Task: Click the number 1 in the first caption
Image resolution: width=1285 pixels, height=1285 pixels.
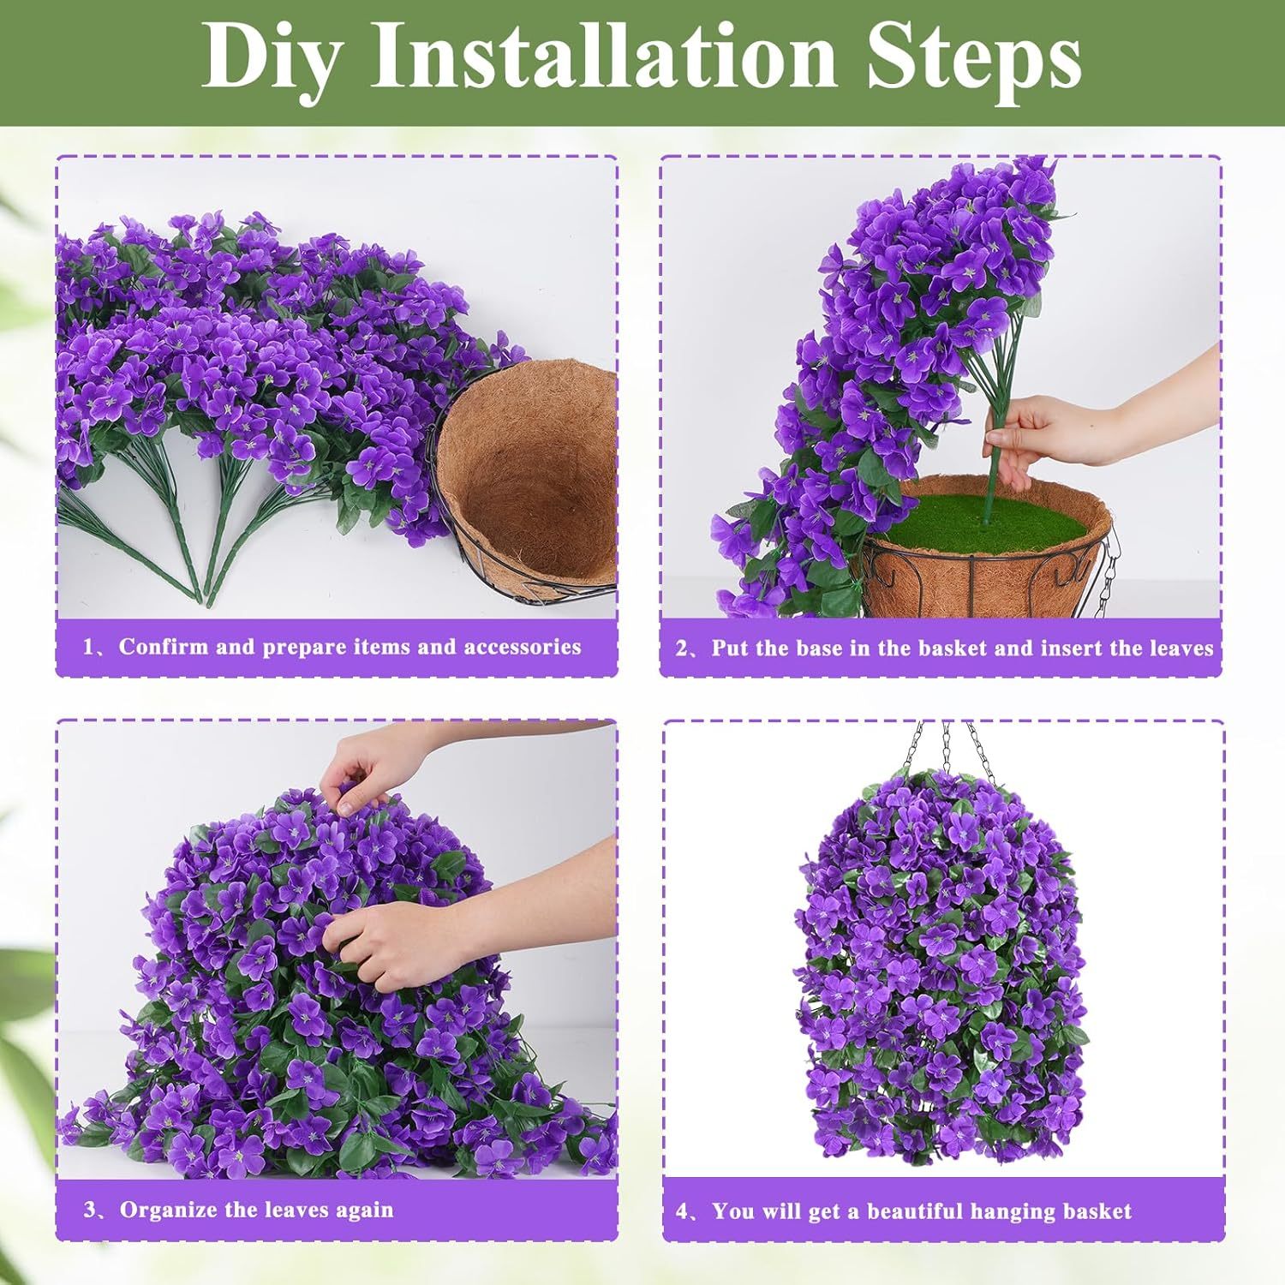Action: tap(88, 648)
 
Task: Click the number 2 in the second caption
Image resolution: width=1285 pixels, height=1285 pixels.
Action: tap(682, 649)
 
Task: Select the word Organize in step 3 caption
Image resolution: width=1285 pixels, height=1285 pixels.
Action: tap(168, 1210)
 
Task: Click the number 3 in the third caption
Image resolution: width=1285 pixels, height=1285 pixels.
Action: tap(89, 1210)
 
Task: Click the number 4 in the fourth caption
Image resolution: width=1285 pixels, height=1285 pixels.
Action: tap(682, 1212)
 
